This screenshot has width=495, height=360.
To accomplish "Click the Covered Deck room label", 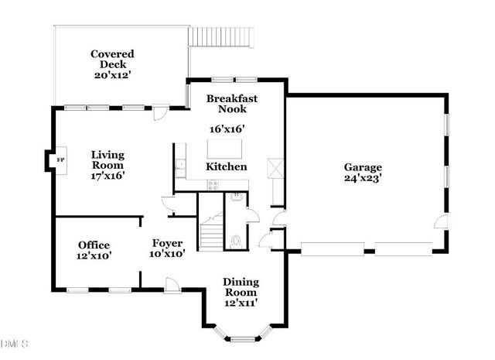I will tap(112, 60).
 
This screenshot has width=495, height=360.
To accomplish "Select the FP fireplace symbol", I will tap(60, 159).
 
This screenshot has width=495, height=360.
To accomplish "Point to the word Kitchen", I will tap(227, 166).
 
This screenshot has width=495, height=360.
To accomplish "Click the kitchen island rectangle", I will tap(225, 147).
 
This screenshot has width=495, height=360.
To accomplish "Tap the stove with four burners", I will tap(213, 183).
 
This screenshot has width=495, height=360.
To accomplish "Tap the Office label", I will tap(94, 245).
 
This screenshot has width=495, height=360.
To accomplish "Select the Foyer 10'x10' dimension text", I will tap(167, 254).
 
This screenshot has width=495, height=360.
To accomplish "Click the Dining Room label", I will tap(241, 287).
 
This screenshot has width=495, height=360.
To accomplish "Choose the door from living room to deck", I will tap(159, 115).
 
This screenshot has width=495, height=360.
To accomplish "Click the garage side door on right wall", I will tap(440, 224).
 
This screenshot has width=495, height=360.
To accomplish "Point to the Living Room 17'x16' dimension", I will tap(108, 176).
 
